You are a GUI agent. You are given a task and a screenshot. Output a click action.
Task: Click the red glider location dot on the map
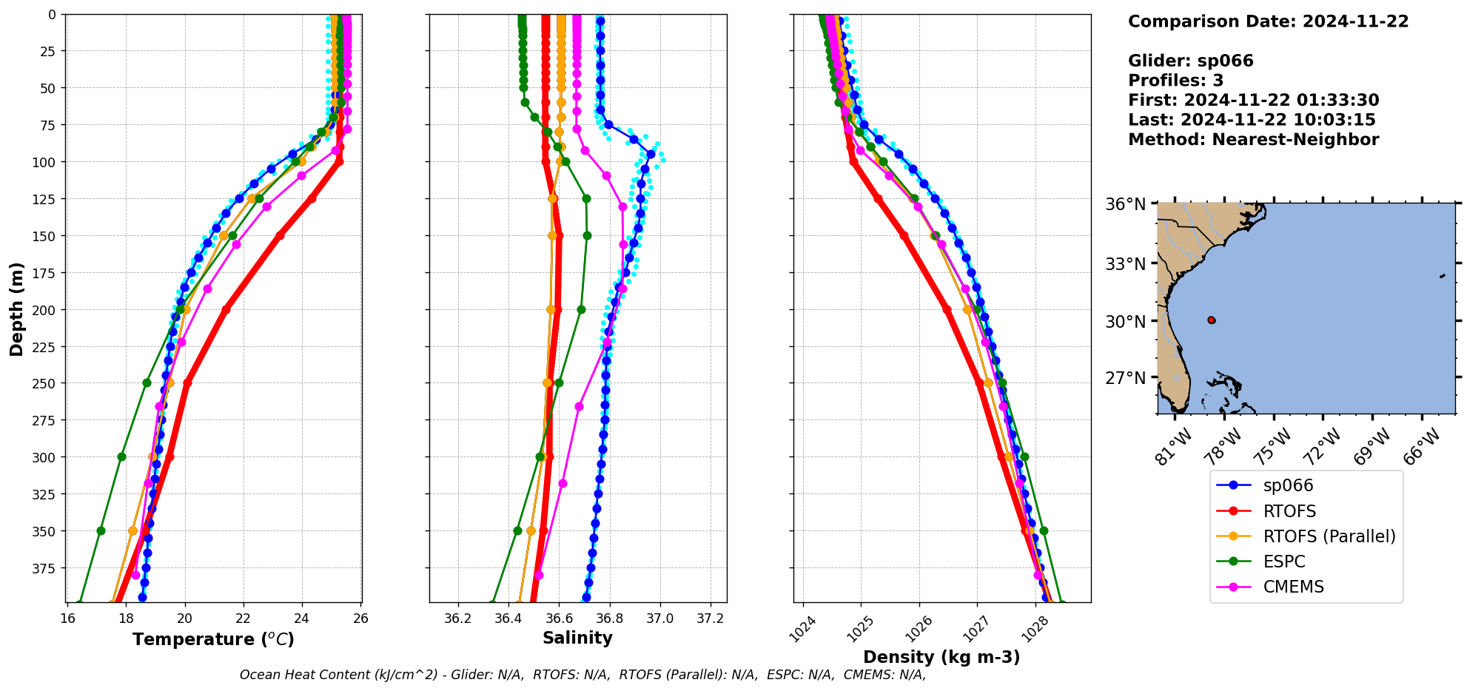click(x=1211, y=320)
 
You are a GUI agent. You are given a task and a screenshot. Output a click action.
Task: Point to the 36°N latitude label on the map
click(x=1125, y=204)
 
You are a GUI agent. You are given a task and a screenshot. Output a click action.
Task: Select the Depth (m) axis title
click(x=16, y=309)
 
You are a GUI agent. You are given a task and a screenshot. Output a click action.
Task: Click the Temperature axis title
click(x=213, y=639)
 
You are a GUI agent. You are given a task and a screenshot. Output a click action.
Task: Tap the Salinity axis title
click(x=577, y=638)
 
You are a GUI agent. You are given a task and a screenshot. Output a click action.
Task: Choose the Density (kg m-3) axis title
click(x=941, y=657)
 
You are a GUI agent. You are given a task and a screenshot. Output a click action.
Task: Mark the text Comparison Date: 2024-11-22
click(x=1268, y=21)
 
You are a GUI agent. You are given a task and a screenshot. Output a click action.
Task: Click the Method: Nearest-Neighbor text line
click(x=1253, y=140)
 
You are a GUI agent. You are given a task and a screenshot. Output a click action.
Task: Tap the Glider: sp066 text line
click(x=1190, y=61)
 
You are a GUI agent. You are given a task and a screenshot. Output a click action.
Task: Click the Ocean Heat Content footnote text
click(x=582, y=675)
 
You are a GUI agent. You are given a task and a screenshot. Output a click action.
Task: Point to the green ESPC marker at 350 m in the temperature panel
click(x=101, y=531)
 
